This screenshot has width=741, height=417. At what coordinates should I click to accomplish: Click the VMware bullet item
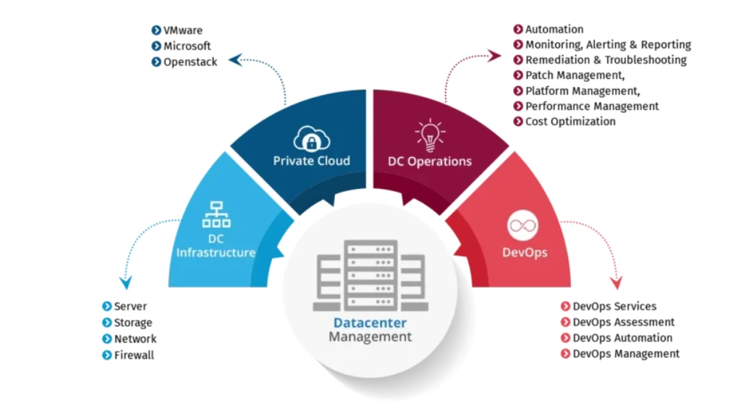tap(182, 30)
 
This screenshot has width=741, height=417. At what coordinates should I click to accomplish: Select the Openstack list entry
tap(190, 62)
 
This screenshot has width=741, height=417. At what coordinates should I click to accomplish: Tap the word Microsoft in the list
tap(187, 46)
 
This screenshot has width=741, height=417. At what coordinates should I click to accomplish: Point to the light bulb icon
tap(429, 135)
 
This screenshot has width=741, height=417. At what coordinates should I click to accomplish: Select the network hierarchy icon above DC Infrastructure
tap(216, 214)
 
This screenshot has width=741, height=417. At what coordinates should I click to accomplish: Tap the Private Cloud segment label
tap(311, 161)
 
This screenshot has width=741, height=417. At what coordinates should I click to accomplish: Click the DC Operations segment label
tap(430, 161)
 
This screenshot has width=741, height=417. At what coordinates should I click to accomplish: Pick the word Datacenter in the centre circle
tap(370, 323)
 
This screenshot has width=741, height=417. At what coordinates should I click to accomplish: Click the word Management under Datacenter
tap(370, 337)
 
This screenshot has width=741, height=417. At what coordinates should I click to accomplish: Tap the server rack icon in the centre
tap(370, 275)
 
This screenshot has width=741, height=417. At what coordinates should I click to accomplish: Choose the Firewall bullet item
tap(134, 355)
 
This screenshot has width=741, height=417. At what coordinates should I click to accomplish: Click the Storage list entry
tap(133, 323)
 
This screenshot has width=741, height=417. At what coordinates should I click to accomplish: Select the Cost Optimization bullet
tap(570, 122)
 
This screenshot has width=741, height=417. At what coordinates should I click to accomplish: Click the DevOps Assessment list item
tap(623, 322)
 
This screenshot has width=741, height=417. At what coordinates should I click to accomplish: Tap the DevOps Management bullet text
tap(626, 354)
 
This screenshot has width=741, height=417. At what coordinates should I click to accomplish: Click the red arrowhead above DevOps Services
tap(616, 282)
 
